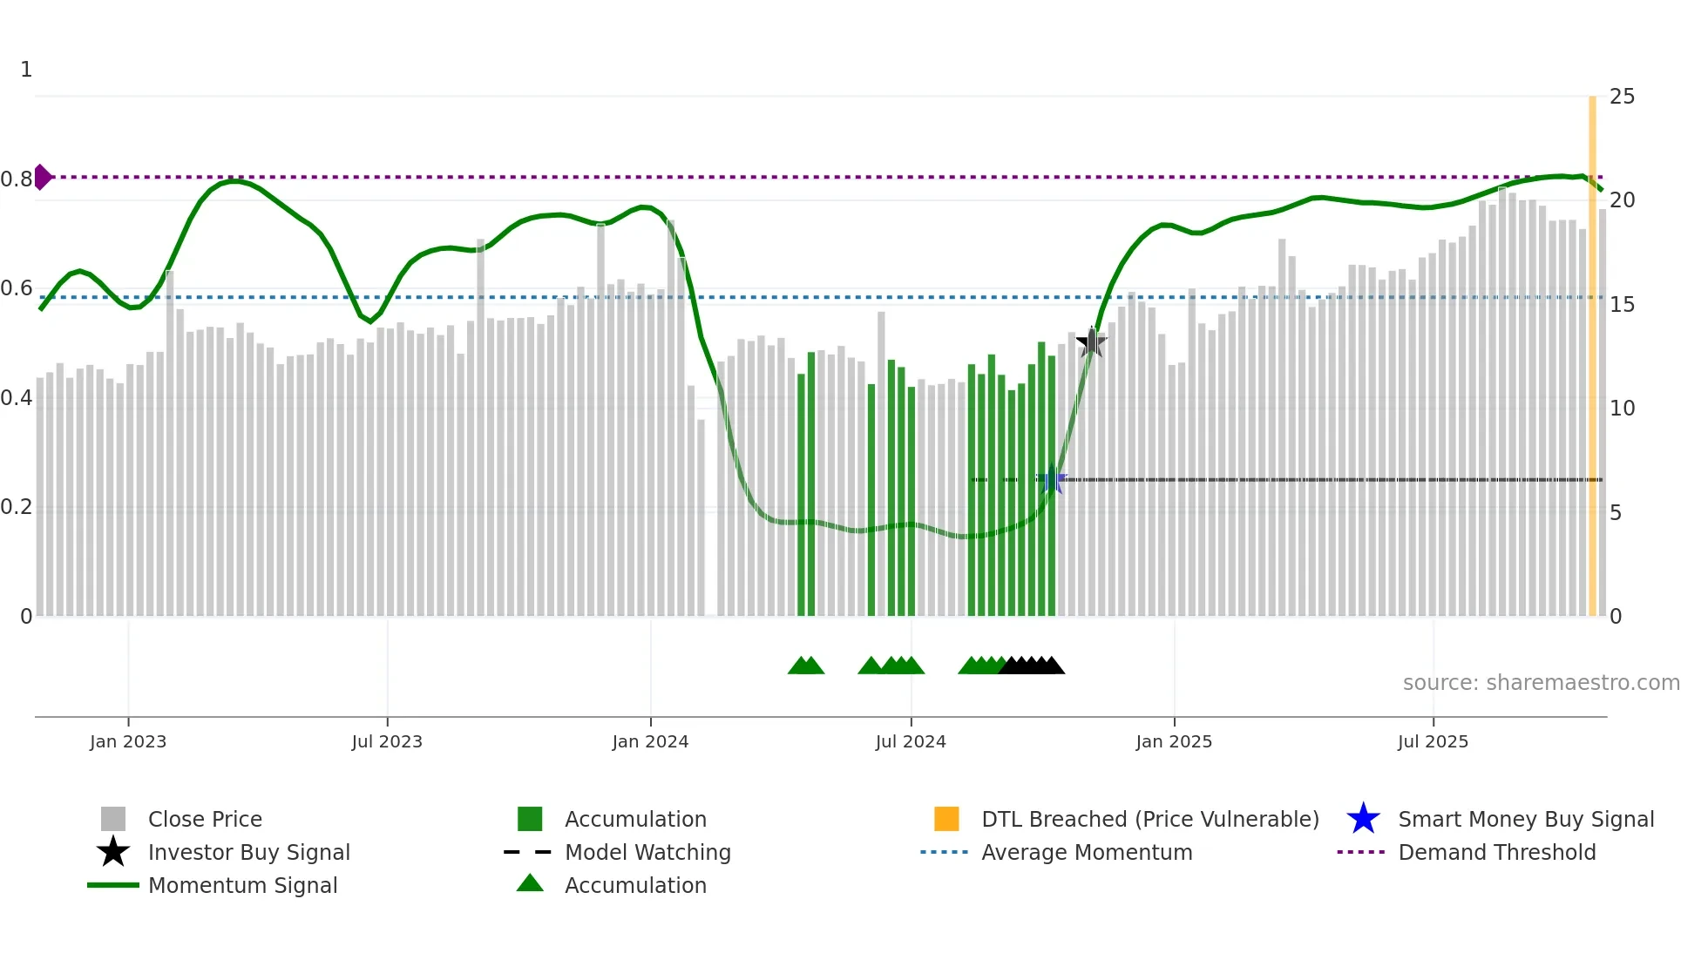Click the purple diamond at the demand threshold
[x=42, y=177]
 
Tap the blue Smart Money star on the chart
[x=1052, y=479]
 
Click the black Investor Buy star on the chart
[x=1091, y=342]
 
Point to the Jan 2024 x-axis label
[x=650, y=741]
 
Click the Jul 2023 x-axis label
[x=387, y=741]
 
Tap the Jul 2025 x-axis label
[x=1433, y=741]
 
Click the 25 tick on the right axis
[x=1622, y=97]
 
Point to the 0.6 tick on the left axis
[x=17, y=288]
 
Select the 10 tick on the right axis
[x=1622, y=409]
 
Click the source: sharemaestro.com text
[x=1541, y=683]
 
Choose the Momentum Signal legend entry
[x=242, y=885]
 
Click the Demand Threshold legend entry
[x=1496, y=852]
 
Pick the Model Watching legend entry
[x=647, y=852]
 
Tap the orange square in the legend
[x=946, y=819]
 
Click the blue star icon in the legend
[x=1363, y=819]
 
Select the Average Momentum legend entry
[x=1086, y=852]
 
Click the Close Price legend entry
[x=205, y=819]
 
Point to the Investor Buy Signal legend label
[x=248, y=852]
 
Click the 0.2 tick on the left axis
[x=17, y=507]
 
